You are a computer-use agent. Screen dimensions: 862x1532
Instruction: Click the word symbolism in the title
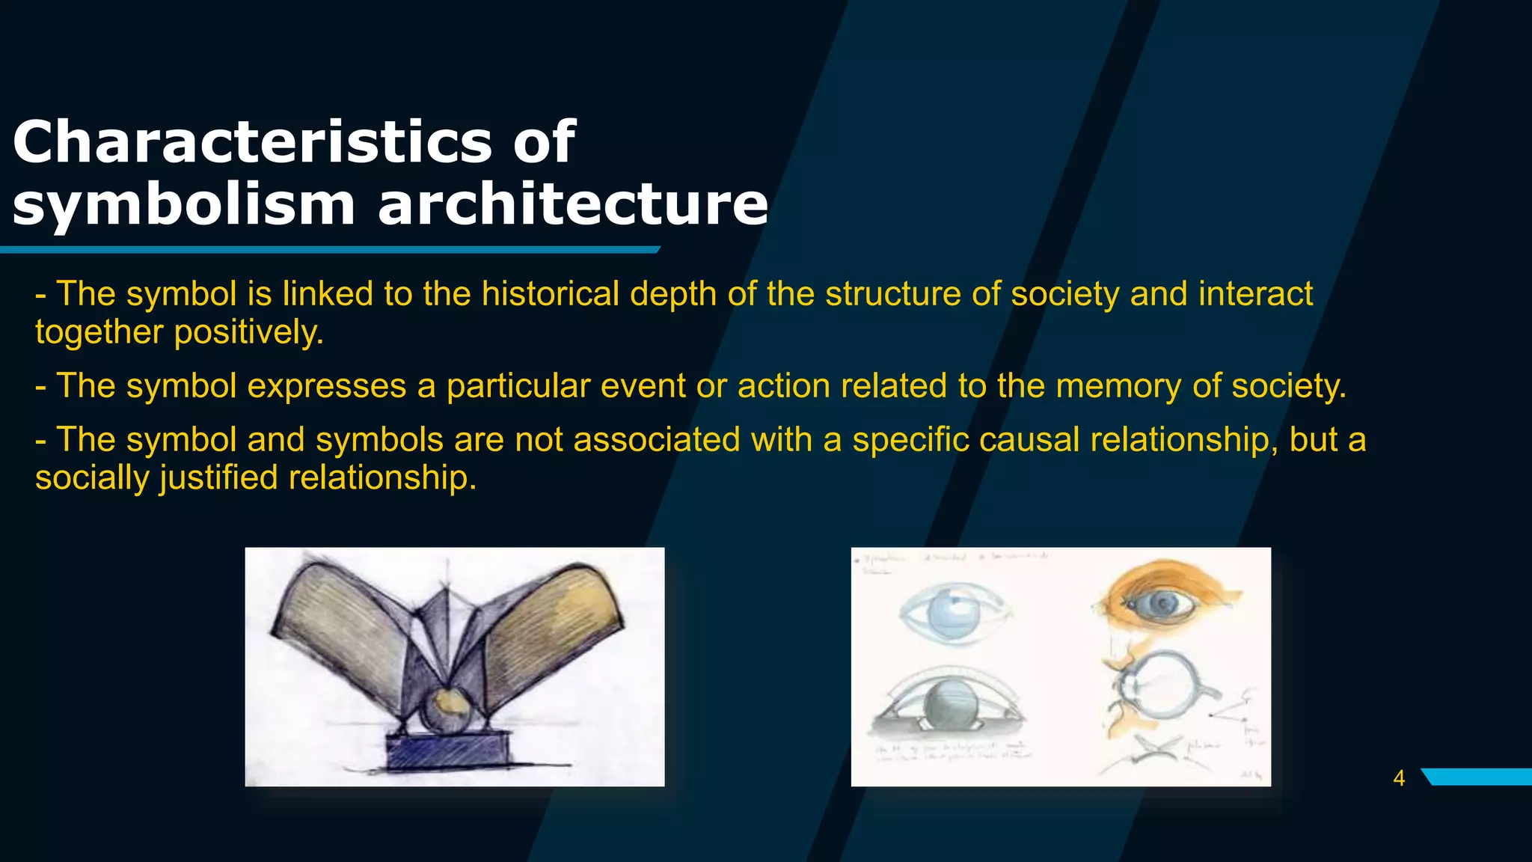(183, 205)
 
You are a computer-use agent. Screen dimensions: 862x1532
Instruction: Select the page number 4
(1399, 778)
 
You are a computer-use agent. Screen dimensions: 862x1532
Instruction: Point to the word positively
(249, 332)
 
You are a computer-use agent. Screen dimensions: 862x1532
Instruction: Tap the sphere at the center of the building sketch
(447, 709)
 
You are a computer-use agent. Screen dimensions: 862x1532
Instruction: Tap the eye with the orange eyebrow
(1163, 602)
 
